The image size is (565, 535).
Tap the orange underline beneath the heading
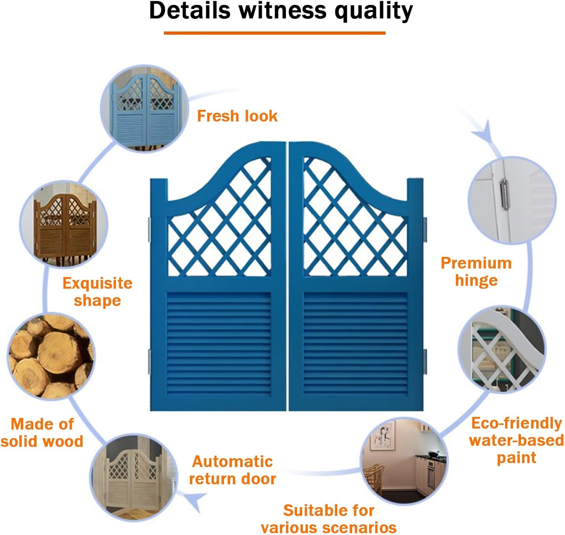(274, 33)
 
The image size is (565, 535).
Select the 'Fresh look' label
(237, 116)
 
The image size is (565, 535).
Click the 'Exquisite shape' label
(97, 292)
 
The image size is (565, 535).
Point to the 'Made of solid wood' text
(42, 433)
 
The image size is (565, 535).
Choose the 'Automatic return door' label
(232, 470)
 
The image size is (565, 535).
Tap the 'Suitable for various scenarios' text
(328, 519)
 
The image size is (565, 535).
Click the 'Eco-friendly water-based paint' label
(516, 440)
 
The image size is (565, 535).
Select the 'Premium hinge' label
(476, 271)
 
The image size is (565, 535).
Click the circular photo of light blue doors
(144, 109)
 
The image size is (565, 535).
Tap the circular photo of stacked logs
(51, 356)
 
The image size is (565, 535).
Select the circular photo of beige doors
(134, 477)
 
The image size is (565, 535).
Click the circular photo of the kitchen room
(404, 461)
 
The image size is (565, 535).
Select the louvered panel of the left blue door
(218, 343)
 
